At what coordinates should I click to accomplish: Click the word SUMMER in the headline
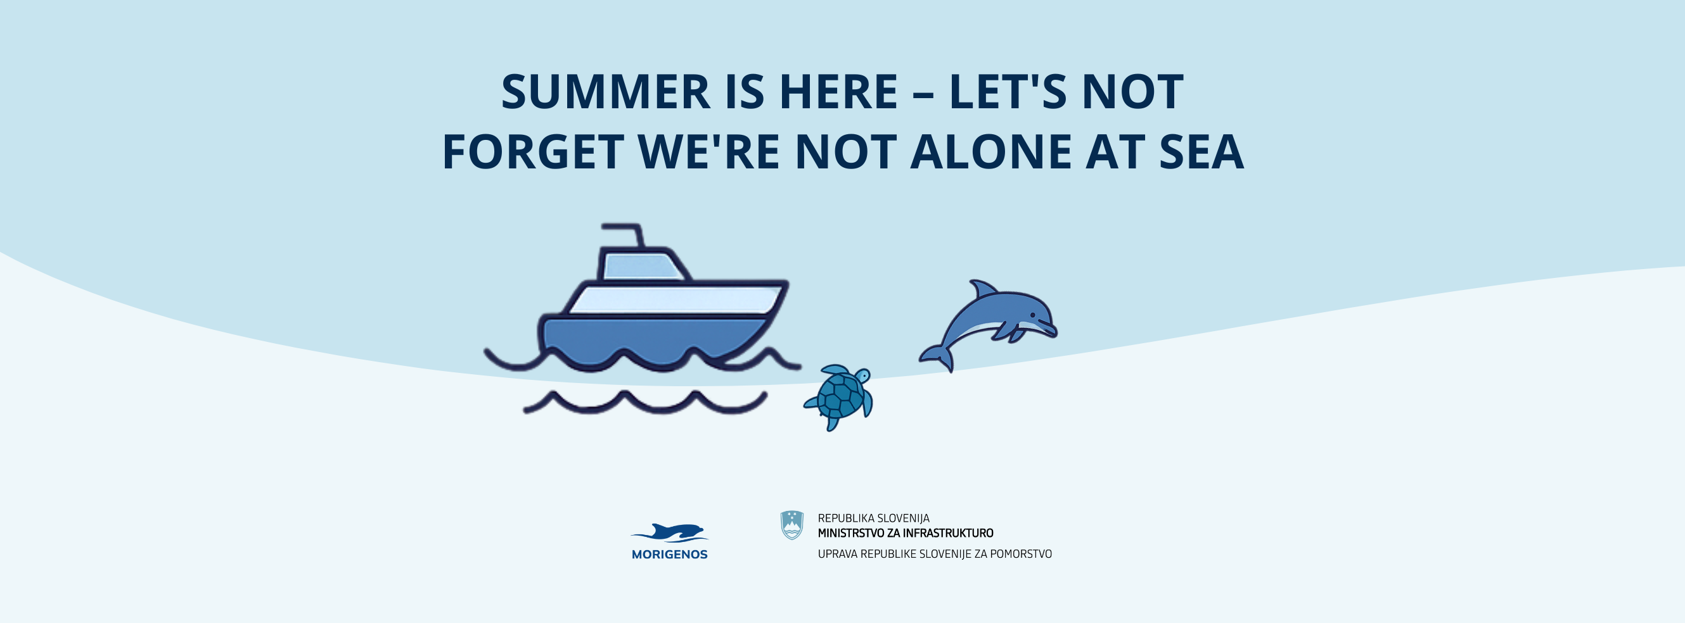606,92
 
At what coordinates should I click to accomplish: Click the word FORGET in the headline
532,152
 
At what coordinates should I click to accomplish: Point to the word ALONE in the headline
990,152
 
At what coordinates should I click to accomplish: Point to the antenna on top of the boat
624,235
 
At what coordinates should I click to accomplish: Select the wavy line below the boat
645,402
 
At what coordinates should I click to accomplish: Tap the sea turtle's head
862,376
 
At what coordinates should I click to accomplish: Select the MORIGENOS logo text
669,555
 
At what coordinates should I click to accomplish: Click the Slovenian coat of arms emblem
792,525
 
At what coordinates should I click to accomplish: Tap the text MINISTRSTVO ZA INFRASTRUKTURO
906,534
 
